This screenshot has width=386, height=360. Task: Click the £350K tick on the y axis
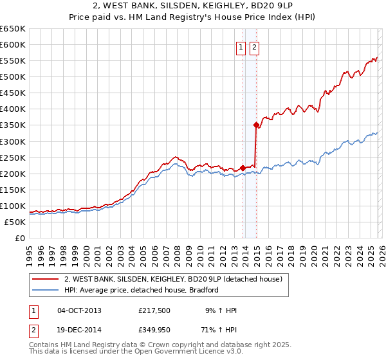coord(13,125)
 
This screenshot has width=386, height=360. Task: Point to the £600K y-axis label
coord(13,44)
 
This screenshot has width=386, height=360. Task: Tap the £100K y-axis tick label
coord(13,206)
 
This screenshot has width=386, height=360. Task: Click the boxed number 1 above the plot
coord(241,47)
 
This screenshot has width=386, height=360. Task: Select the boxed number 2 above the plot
coord(254,47)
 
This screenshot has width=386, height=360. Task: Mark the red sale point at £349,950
coord(256,125)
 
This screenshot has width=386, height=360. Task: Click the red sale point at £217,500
coord(243,168)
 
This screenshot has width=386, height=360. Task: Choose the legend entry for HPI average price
coord(142,290)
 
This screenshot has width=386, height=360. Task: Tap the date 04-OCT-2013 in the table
coord(79,310)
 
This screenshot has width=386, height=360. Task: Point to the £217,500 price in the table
coord(154,310)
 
